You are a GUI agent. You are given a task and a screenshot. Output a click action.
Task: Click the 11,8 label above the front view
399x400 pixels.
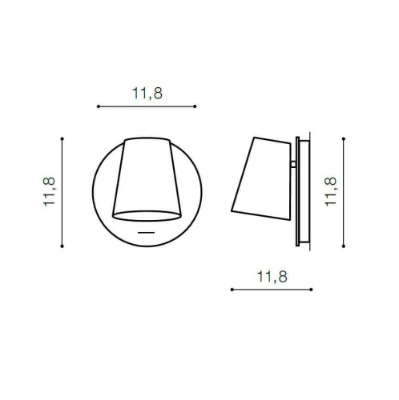(147, 94)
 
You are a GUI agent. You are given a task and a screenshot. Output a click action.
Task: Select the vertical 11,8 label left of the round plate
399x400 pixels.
(50, 193)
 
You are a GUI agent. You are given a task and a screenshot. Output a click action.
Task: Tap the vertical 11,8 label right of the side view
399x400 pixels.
(329, 192)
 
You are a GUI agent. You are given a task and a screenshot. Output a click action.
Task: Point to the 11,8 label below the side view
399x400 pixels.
(272, 278)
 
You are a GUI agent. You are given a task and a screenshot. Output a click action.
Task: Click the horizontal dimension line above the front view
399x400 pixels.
(147, 106)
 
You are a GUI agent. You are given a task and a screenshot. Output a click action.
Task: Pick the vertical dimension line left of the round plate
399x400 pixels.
(62, 193)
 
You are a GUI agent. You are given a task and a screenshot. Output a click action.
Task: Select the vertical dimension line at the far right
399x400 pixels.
(343, 192)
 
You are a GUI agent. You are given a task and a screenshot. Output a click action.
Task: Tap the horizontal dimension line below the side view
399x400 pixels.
(272, 290)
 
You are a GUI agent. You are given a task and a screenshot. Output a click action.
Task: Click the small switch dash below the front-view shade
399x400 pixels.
(146, 232)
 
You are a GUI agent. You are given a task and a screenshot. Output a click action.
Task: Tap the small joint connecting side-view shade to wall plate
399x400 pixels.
(292, 166)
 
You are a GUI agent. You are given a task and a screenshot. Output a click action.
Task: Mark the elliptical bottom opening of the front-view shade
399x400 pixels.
(146, 214)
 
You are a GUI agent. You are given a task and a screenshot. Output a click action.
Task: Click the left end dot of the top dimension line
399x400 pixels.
(97, 106)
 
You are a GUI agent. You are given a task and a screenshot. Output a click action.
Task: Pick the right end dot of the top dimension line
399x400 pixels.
(196, 106)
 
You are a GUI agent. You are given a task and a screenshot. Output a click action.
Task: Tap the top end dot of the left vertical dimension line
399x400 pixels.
(62, 138)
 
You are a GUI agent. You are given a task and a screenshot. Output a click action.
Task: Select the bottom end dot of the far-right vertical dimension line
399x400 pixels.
(343, 246)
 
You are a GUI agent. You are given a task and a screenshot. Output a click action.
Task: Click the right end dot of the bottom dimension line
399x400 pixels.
(312, 290)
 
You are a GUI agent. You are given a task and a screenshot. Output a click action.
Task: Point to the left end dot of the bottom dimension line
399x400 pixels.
(231, 290)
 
